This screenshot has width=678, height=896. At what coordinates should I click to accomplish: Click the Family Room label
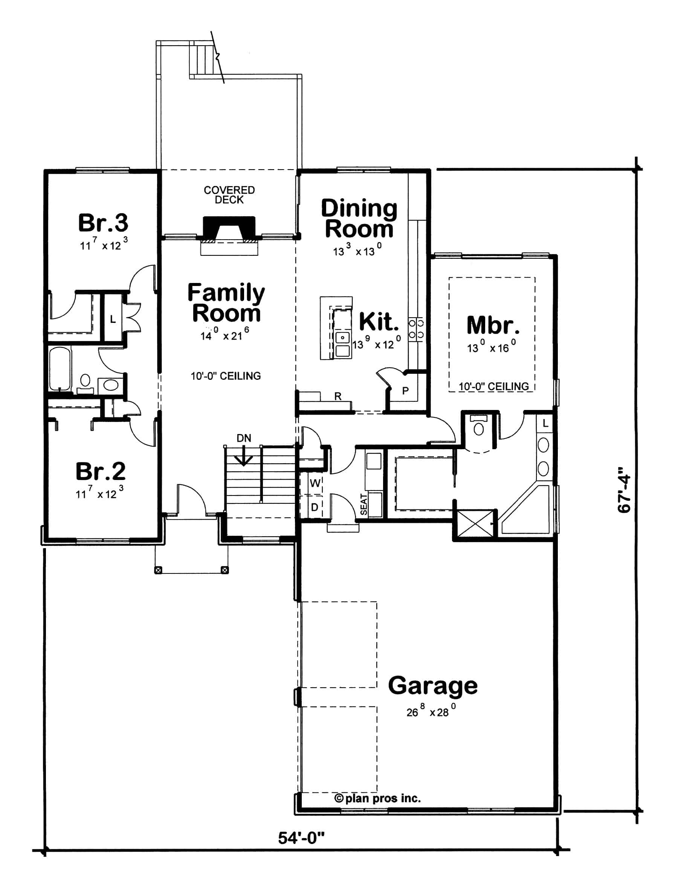tap(226, 303)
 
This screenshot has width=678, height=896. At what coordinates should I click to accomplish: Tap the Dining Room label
tap(359, 219)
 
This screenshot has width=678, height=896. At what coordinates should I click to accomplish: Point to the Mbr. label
tap(493, 324)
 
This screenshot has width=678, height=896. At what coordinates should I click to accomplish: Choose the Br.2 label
tap(101, 471)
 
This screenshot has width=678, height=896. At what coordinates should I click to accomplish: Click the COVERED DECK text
tap(229, 195)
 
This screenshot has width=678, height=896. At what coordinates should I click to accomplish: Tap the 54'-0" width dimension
tap(301, 838)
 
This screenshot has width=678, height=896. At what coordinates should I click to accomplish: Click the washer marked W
tap(315, 483)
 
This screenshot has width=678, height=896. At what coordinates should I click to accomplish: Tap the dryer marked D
tap(314, 507)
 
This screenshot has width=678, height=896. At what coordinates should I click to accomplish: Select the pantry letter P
tap(405, 391)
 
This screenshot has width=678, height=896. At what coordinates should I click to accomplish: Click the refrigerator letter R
tap(338, 396)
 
